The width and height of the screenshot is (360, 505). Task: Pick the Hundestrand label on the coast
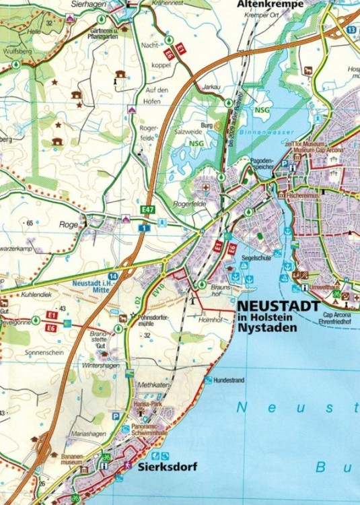pyautogui.click(x=228, y=380)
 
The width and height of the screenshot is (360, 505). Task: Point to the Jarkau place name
pyautogui.click(x=211, y=87)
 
